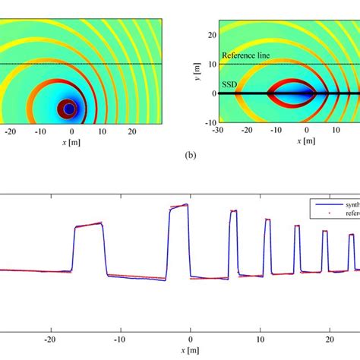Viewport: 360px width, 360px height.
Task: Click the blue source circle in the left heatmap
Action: pos(69,109)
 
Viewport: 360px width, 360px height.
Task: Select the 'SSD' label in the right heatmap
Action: pos(228,87)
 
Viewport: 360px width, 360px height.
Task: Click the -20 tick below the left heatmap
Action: pos(9,131)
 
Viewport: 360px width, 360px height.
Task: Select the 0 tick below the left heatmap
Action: pos(71,131)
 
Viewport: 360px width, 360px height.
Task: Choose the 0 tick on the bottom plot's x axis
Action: pos(191,340)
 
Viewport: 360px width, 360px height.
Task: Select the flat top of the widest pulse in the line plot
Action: pos(88,225)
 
